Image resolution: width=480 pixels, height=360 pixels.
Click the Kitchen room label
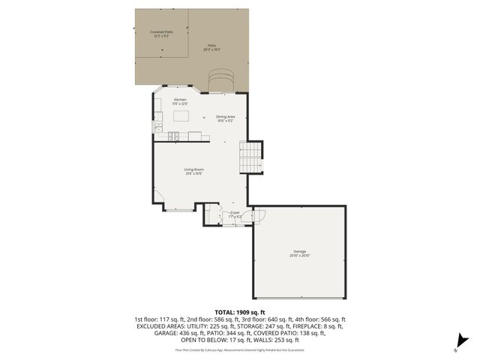pos(180,101)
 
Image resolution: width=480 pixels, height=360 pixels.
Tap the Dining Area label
pos(226,118)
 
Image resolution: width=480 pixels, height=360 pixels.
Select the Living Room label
pos(194,171)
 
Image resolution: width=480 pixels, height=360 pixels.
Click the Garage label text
pos(299,253)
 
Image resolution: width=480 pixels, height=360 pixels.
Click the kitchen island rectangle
pos(181,116)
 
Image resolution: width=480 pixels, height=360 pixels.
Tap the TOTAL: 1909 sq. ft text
pos(240,311)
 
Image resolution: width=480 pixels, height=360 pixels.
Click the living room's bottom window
pos(178,211)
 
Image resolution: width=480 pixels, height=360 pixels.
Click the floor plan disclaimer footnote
pos(240,349)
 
